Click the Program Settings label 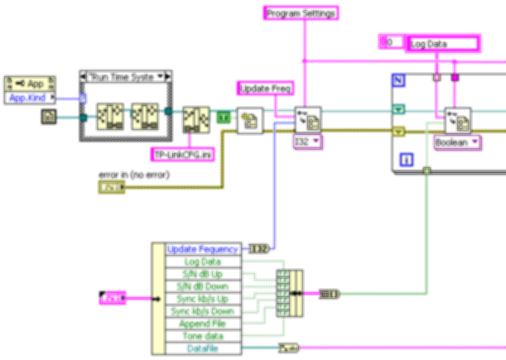click(301, 13)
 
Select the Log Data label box click(444, 43)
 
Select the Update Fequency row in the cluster click(203, 249)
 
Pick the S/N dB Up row click(203, 274)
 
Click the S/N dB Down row click(203, 286)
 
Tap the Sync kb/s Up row click(203, 299)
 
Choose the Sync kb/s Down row click(203, 311)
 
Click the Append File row click(203, 324)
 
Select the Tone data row click(203, 336)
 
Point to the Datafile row click(203, 348)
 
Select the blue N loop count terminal click(400, 81)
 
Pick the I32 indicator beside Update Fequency click(258, 249)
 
